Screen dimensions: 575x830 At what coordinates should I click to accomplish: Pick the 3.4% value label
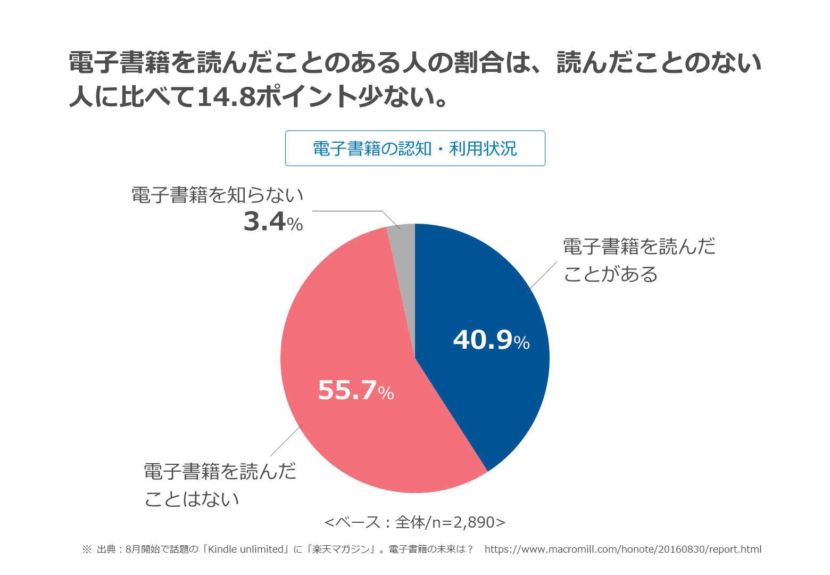[x=273, y=221]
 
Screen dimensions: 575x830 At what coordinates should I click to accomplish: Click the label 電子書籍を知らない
[x=217, y=195]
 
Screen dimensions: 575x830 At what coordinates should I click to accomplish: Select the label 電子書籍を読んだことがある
[x=638, y=260]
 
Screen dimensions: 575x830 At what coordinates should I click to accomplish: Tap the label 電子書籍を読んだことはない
[x=220, y=485]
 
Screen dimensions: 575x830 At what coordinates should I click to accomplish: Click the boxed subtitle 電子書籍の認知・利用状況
[x=415, y=149]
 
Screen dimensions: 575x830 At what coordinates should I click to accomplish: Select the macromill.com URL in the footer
[x=623, y=549]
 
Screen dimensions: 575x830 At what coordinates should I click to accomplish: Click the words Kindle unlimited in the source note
[x=246, y=549]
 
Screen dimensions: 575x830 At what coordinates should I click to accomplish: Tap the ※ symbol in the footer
[x=87, y=549]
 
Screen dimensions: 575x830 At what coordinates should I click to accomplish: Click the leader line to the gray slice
[x=351, y=211]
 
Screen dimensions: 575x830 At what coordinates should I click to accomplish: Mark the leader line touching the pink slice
[x=287, y=439]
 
